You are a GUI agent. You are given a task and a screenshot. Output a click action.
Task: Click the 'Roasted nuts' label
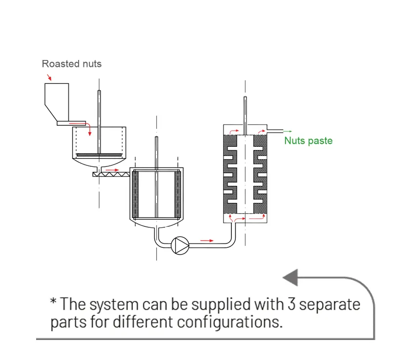[x=72, y=63]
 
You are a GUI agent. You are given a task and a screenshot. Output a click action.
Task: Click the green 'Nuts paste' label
[x=308, y=141]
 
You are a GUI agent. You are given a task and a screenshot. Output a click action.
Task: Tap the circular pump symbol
[x=181, y=245]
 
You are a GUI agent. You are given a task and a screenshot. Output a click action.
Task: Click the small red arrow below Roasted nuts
[x=48, y=78]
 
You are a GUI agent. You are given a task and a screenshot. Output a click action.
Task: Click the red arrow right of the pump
[x=207, y=240]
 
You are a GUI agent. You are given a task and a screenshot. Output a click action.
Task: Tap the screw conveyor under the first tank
[x=112, y=173]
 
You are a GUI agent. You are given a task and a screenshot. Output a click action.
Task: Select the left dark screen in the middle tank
[x=136, y=194]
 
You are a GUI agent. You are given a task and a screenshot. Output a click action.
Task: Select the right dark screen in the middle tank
[x=177, y=194]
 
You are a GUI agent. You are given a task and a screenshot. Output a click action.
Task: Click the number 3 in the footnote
[x=290, y=304]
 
